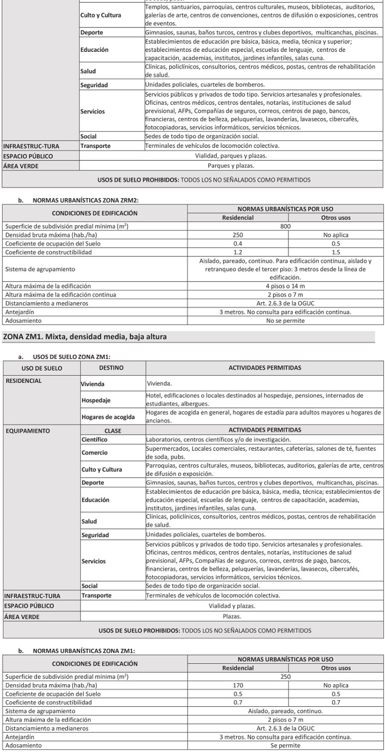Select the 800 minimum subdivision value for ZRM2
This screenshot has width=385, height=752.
click(x=285, y=226)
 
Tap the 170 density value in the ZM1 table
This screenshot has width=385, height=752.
click(x=238, y=686)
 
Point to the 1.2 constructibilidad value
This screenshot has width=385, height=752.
click(x=238, y=252)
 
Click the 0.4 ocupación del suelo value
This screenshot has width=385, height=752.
click(x=238, y=244)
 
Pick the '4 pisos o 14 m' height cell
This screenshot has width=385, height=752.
click(x=285, y=286)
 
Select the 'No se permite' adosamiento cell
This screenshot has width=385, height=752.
click(x=285, y=321)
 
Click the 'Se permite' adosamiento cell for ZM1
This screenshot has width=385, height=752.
click(x=285, y=745)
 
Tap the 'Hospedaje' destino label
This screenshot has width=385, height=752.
click(x=96, y=399)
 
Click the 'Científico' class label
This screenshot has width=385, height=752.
click(x=94, y=440)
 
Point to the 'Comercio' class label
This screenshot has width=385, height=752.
click(x=94, y=452)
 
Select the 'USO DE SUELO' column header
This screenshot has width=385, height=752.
click(x=42, y=368)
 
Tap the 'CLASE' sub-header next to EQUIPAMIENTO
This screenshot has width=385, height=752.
click(x=113, y=430)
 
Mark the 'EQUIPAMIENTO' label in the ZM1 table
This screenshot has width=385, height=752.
click(x=28, y=430)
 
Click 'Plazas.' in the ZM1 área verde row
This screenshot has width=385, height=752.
click(x=232, y=617)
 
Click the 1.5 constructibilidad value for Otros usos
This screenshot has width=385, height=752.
click(x=336, y=252)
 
